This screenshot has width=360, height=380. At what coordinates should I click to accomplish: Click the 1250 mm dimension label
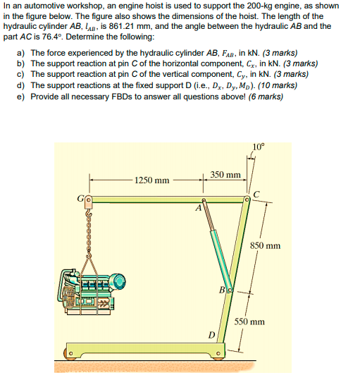[152, 180]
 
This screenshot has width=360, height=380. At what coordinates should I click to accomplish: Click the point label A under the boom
[199, 208]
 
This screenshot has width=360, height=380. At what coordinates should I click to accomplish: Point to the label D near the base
[210, 334]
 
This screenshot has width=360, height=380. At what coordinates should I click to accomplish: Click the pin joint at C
[247, 202]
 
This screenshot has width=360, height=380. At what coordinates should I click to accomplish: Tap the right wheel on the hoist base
[218, 353]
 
